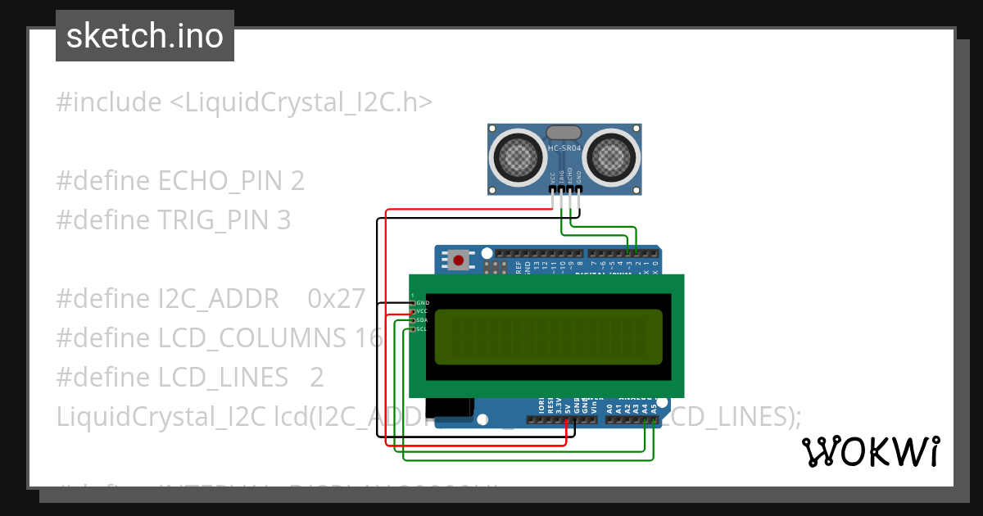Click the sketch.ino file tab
pyautogui.click(x=144, y=36)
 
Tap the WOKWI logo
pyautogui.click(x=870, y=451)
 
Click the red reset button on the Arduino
pyautogui.click(x=458, y=261)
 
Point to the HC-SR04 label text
pyautogui.click(x=564, y=148)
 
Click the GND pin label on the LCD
pyautogui.click(x=423, y=303)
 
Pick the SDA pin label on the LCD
pyautogui.click(x=423, y=320)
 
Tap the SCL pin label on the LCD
pyautogui.click(x=422, y=329)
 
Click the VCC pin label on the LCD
pyautogui.click(x=423, y=311)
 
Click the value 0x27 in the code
pyautogui.click(x=336, y=299)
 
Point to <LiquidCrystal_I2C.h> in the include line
pyautogui.click(x=301, y=102)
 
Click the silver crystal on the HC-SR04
pyautogui.click(x=564, y=132)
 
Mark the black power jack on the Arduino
pyautogui.click(x=455, y=410)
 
